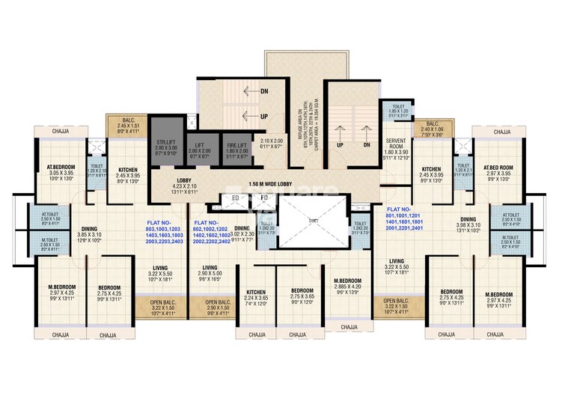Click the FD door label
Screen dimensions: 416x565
click(x=263, y=198)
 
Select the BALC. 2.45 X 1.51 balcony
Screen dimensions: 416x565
click(x=123, y=123)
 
